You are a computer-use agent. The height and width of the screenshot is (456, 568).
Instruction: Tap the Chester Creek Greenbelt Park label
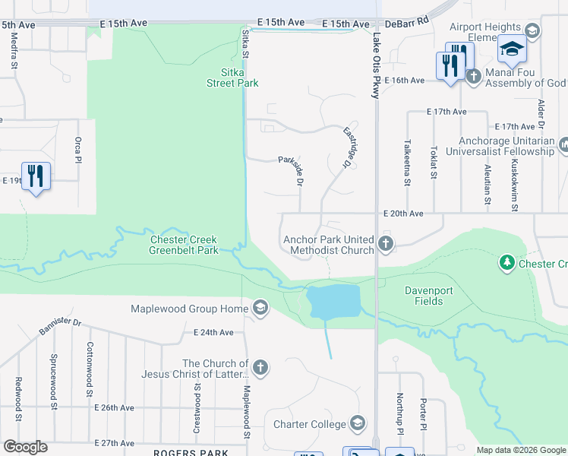pyautogui.click(x=183, y=245)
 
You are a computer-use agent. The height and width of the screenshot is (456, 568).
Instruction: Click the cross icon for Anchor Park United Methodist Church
pyautogui.click(x=386, y=245)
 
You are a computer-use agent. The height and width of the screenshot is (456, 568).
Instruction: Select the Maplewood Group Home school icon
pyautogui.click(x=260, y=308)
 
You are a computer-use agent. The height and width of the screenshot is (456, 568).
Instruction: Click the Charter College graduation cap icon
pyautogui.click(x=358, y=424)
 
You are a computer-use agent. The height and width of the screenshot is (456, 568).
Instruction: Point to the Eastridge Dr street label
pyautogui.click(x=349, y=147)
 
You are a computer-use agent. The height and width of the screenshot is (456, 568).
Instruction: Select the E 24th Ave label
pyautogui.click(x=218, y=332)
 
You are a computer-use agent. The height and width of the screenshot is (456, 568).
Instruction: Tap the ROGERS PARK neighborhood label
pyautogui.click(x=191, y=453)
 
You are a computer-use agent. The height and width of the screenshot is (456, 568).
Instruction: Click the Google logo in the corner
pyautogui.click(x=25, y=447)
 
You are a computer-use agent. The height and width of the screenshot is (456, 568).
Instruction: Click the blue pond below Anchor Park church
pyautogui.click(x=333, y=302)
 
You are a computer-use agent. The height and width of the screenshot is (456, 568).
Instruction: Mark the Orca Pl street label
pyautogui.click(x=77, y=150)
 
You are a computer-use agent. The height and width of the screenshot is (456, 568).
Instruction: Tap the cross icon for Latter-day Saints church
pyautogui.click(x=260, y=369)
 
